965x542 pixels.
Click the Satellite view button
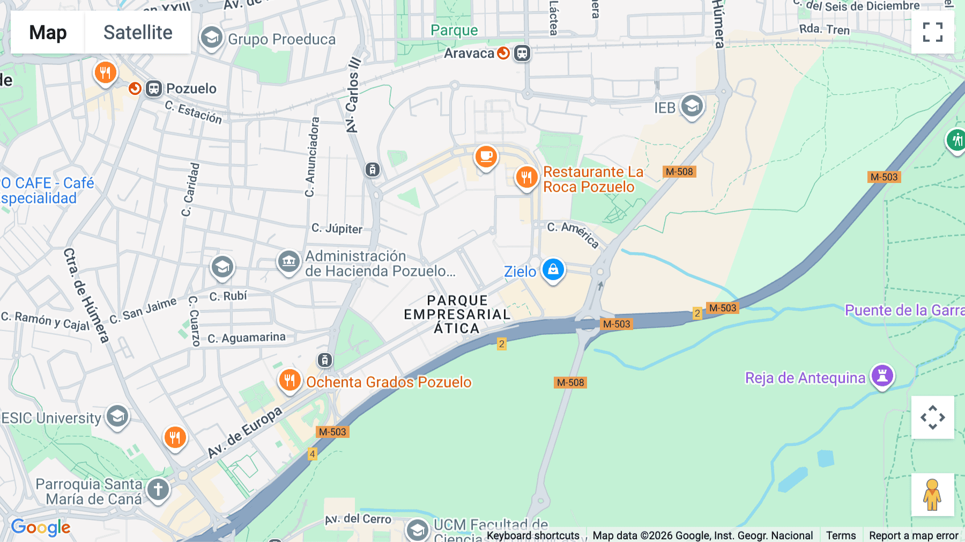[138, 32]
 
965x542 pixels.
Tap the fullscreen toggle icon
[932, 32]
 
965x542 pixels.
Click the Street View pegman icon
[932, 494]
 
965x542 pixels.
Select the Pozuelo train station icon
[154, 89]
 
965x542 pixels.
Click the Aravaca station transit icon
[522, 53]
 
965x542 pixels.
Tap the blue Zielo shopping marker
[553, 269]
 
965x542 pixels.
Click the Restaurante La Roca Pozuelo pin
[526, 177]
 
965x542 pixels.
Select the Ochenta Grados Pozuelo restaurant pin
[289, 380]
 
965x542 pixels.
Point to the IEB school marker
[692, 106]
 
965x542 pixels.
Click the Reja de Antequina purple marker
[882, 376]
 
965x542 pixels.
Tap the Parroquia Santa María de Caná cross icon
[158, 489]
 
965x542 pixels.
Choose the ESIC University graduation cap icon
[117, 416]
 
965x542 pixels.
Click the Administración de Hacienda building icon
[288, 262]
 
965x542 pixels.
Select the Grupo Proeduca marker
[212, 38]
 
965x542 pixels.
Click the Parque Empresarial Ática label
[457, 314]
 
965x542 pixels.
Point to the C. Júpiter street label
[337, 229]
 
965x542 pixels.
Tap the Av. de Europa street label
[244, 433]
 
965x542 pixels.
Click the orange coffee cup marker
[486, 157]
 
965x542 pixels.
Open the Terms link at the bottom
[841, 535]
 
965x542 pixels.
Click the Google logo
[41, 528]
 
